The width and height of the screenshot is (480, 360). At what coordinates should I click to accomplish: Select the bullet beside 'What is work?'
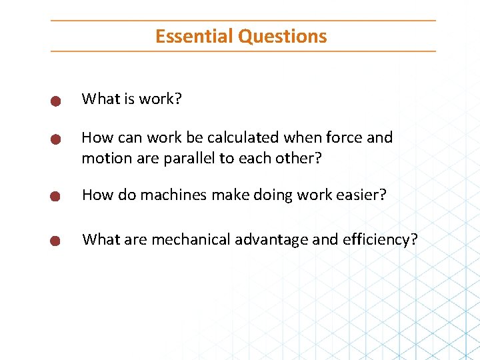tap(56, 101)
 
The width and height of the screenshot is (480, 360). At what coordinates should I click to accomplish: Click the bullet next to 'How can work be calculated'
tap(56, 139)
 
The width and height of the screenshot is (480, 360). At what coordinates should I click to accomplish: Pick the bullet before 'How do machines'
tap(56, 197)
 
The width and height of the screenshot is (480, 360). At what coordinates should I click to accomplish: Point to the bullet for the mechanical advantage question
tap(56, 241)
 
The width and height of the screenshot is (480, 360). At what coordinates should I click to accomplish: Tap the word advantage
tap(271, 239)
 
